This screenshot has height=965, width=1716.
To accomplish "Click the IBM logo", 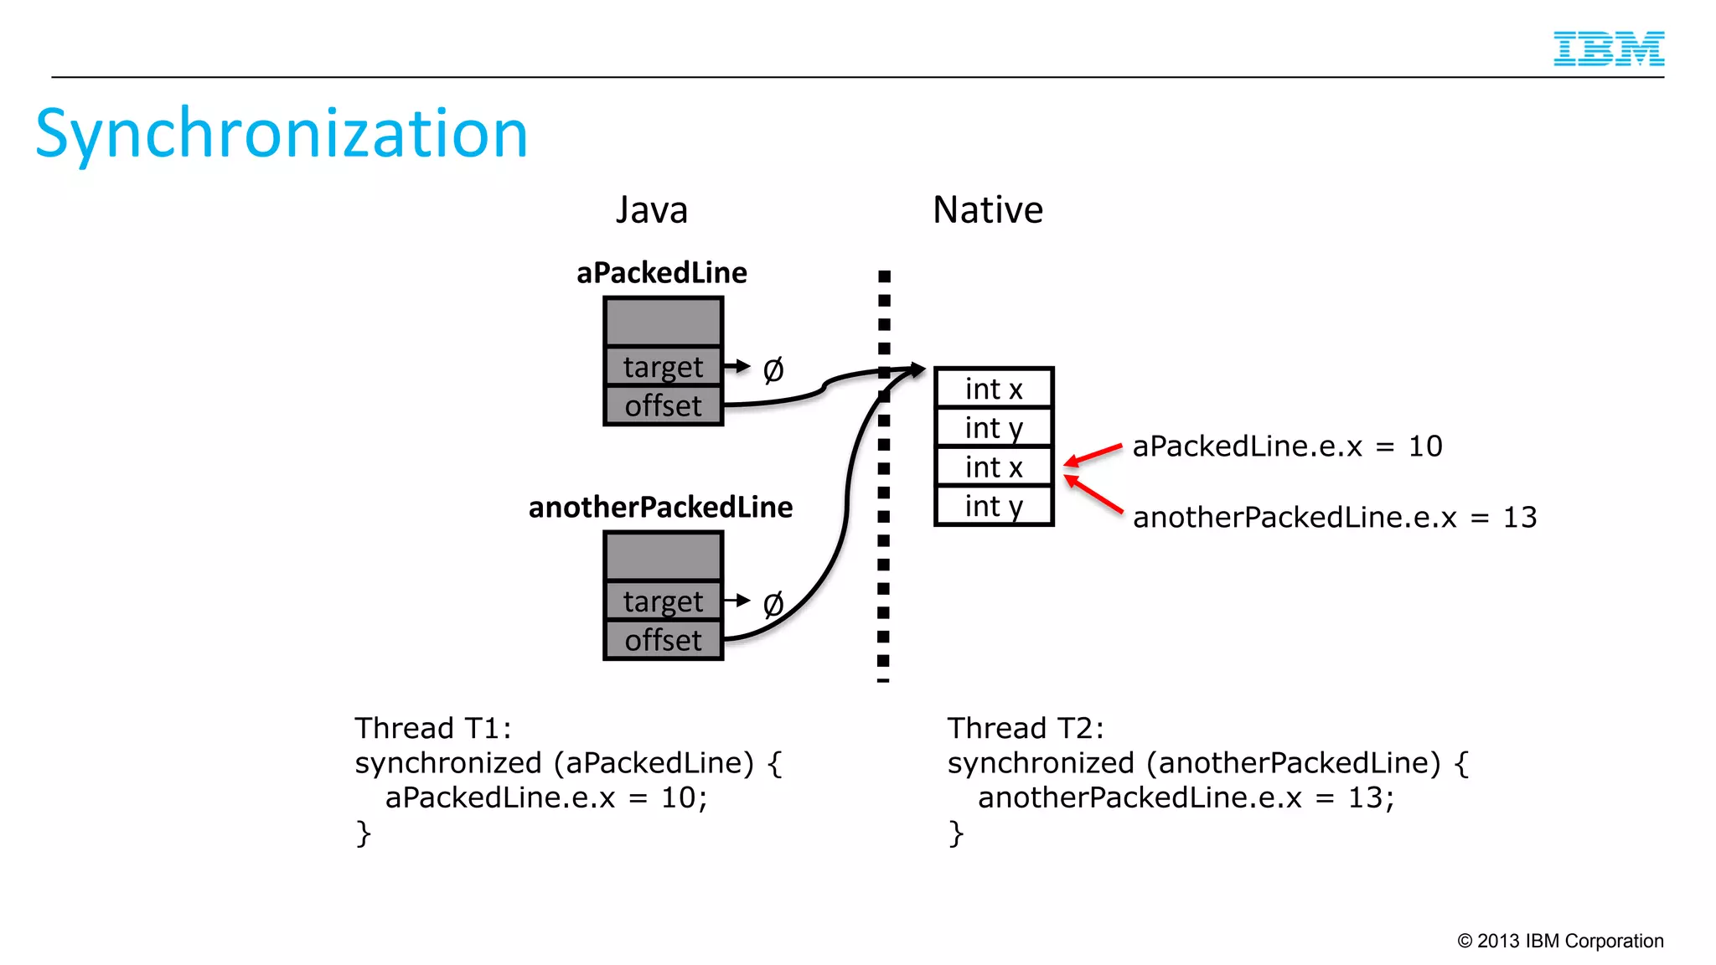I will [x=1608, y=49].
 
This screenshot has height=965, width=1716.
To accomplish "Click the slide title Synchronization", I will [x=282, y=134].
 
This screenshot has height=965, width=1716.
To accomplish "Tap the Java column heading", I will [x=652, y=209].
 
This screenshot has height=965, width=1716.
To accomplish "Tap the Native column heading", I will [x=988, y=209].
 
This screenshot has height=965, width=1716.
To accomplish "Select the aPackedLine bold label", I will [x=661, y=273].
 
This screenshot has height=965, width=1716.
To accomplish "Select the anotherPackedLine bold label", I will [x=660, y=508].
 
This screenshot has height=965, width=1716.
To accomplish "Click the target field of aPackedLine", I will [x=663, y=367].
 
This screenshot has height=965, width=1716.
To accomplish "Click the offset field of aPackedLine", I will [x=663, y=406].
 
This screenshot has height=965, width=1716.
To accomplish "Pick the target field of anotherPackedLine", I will [x=663, y=601].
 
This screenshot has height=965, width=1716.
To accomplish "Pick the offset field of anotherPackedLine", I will [x=663, y=641].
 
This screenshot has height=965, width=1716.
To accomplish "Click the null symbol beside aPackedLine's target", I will [x=773, y=369].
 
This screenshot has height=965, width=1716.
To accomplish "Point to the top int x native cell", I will [x=994, y=389].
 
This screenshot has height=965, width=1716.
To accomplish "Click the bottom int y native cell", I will [x=994, y=506].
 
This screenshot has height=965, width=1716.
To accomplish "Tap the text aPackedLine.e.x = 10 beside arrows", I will [x=1287, y=446].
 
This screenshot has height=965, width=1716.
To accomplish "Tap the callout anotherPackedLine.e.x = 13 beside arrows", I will [x=1334, y=518].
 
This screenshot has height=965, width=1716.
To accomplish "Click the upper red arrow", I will [x=1093, y=455].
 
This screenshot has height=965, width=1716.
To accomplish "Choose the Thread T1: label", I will [x=432, y=728].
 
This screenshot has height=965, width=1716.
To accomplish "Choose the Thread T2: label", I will [x=1026, y=728].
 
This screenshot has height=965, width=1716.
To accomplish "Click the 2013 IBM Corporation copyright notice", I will [x=1560, y=941].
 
